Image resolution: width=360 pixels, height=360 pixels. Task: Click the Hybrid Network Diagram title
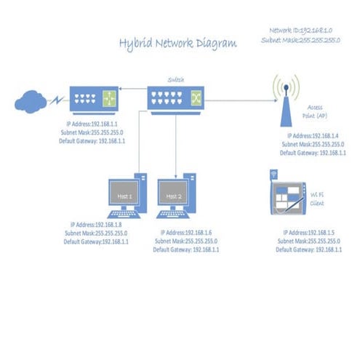[x=177, y=44]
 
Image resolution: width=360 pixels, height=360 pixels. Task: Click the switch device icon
[x=176, y=97]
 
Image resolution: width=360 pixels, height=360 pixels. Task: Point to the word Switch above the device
[x=176, y=79]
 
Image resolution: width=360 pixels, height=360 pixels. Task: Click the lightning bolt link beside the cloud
[x=55, y=100]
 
